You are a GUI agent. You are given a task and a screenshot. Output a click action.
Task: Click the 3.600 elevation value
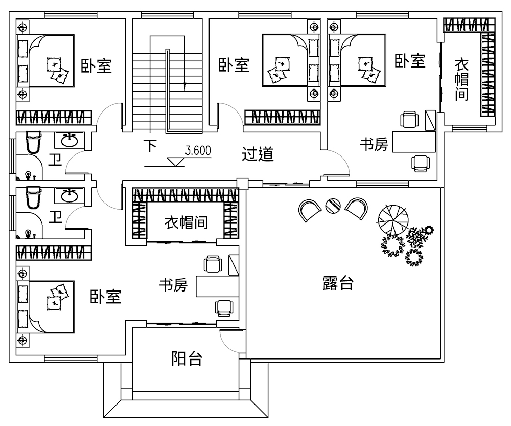198,151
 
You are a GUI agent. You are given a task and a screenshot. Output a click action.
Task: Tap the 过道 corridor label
258,154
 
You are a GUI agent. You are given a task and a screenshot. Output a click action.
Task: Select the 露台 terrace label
338,283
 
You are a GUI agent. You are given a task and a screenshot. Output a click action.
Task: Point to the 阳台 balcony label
187,358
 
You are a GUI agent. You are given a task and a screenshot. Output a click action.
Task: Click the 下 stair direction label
150,146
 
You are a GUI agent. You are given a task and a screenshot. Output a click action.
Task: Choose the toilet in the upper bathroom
33,142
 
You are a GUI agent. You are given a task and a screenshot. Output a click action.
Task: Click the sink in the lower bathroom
69,196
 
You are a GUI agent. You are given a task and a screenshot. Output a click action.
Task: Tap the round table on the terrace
333,206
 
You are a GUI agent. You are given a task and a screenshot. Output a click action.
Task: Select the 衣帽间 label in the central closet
186,223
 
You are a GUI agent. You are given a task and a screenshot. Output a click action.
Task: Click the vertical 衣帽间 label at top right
462,79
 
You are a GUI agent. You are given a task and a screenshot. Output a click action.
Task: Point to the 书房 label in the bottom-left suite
173,285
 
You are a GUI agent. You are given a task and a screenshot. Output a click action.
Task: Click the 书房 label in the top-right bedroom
374,144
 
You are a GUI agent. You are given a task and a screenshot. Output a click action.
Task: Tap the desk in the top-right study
414,142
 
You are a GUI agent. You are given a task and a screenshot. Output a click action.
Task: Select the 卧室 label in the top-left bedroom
96,66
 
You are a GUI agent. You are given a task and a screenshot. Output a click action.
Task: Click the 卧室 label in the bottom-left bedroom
105,297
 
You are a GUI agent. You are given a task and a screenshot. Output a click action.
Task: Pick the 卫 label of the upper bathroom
55,160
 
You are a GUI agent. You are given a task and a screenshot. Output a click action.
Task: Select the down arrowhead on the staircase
185,86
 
